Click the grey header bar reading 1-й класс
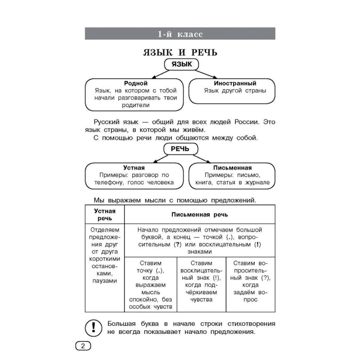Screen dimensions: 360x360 tap(180, 34)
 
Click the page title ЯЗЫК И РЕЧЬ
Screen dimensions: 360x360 tap(180, 53)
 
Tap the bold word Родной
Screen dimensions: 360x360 tap(135, 83)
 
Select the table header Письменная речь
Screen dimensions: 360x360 tap(200, 215)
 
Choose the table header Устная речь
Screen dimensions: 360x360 tap(104, 214)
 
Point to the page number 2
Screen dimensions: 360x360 tap(82, 346)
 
